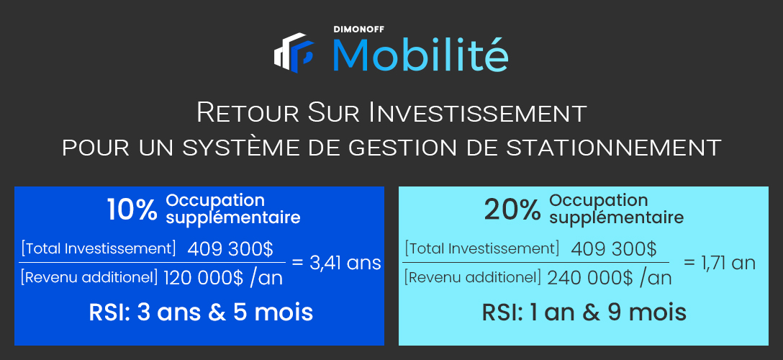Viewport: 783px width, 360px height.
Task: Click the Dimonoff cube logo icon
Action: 294,52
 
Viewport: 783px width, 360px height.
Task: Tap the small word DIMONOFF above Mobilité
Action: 359,30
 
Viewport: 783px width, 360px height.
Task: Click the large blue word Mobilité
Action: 420,54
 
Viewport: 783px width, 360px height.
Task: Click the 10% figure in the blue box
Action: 132,210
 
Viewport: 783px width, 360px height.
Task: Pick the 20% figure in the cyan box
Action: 512,211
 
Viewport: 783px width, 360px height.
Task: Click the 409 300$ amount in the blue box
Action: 230,248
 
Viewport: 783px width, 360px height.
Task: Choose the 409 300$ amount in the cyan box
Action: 614,248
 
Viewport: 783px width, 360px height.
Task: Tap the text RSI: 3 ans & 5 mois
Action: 201,312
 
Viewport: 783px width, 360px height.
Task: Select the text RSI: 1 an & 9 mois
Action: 584,312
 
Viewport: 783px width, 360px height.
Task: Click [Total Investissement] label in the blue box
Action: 99,248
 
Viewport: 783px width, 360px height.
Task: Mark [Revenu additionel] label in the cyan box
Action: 472,276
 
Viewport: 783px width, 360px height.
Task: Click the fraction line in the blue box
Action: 153,262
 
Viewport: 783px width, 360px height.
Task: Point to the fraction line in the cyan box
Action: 536,262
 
